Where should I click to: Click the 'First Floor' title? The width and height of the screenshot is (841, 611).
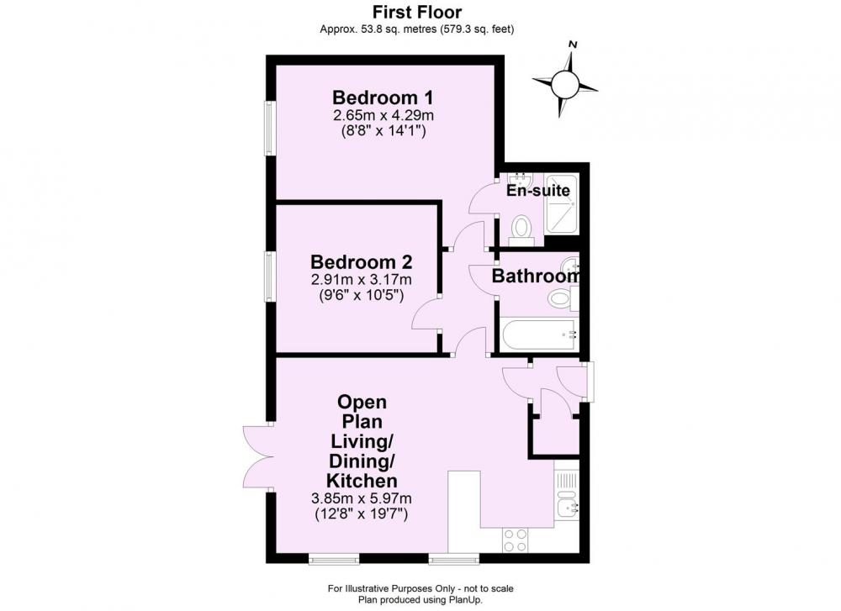(x=417, y=12)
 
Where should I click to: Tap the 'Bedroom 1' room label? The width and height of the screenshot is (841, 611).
(x=383, y=97)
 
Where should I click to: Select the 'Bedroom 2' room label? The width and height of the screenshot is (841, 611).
(x=362, y=262)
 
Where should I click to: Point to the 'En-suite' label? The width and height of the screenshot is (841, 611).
(x=538, y=190)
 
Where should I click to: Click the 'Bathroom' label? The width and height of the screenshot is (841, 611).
(x=536, y=276)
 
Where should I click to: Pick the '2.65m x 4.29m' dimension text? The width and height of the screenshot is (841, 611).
(x=383, y=115)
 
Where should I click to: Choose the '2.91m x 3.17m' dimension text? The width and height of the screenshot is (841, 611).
(x=362, y=279)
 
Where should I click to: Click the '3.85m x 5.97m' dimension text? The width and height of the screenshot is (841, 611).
(x=362, y=498)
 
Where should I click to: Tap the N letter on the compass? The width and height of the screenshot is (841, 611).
(x=573, y=45)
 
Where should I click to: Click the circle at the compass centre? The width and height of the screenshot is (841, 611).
(x=564, y=85)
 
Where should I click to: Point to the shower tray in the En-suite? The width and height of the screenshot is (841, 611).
(x=561, y=204)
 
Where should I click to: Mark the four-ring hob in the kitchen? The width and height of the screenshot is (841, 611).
(x=515, y=540)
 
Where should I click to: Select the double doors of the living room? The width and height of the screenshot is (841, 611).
(x=258, y=456)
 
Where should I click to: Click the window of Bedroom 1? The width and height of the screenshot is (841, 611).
(x=270, y=129)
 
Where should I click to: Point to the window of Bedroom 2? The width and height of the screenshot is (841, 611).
(x=270, y=277)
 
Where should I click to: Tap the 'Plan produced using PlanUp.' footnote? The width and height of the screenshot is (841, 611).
(x=420, y=600)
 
